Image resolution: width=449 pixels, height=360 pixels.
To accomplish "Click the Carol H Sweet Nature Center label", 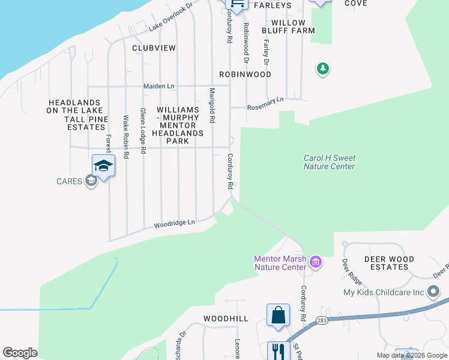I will (x=329, y=162).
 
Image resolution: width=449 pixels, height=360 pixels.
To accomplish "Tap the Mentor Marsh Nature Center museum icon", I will (x=316, y=262).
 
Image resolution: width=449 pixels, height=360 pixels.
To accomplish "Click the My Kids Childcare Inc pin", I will (x=434, y=293).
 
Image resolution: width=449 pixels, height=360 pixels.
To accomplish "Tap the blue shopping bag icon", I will (x=279, y=314).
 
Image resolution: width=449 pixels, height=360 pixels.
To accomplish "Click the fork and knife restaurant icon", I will (x=279, y=351).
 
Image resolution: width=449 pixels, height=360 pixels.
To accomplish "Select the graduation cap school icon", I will (x=103, y=166).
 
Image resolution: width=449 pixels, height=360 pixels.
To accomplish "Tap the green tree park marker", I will (x=323, y=70).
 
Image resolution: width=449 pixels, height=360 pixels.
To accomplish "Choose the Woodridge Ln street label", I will (x=175, y=223).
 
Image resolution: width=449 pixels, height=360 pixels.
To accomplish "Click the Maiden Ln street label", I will (x=158, y=86).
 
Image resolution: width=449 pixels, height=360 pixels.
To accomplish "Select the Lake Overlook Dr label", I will (x=170, y=16).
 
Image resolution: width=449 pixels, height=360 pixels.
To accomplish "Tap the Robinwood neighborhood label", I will (x=245, y=74).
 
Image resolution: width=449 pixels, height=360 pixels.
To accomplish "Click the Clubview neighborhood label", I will (x=154, y=47).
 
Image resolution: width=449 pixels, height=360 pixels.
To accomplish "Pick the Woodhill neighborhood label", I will (x=226, y=319).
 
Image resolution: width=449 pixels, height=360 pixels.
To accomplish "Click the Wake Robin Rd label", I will (x=126, y=137).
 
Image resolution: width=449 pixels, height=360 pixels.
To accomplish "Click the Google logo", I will (x=20, y=353).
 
